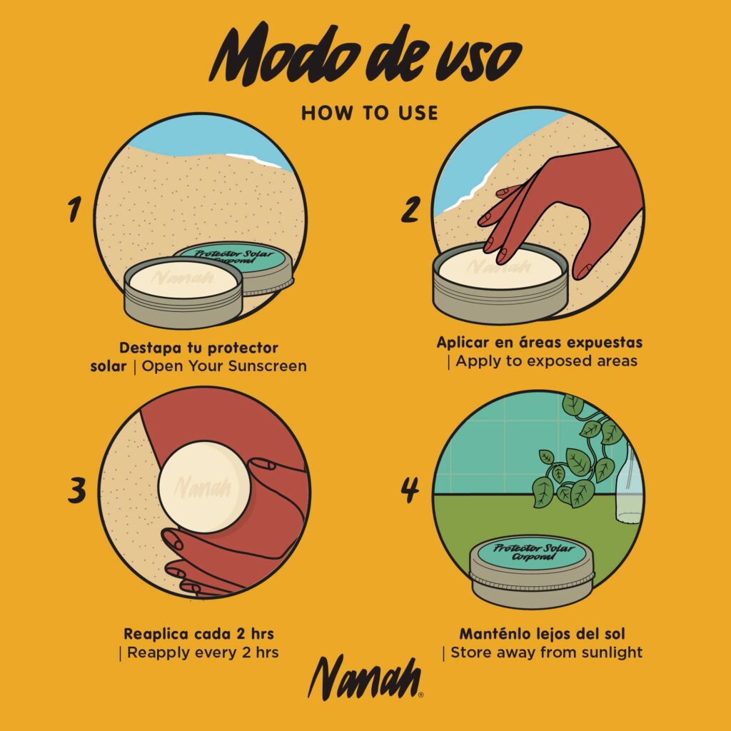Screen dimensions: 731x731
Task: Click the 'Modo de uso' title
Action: [x=365, y=56]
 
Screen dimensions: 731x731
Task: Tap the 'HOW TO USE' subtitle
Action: [x=370, y=114]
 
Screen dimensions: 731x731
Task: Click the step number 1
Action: [x=74, y=209]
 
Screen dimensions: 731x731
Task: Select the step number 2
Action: [x=410, y=209]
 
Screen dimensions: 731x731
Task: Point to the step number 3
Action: [x=77, y=490]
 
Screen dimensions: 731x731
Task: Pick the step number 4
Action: [x=410, y=490]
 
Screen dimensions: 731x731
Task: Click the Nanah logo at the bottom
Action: [x=365, y=677]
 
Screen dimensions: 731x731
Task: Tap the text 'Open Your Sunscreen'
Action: [x=224, y=366]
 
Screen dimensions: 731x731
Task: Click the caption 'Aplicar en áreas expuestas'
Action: [x=540, y=343]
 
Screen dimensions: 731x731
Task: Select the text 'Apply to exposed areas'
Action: [x=546, y=361]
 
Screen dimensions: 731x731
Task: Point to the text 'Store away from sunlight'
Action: [x=546, y=652]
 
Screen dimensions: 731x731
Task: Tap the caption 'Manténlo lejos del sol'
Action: [x=543, y=634]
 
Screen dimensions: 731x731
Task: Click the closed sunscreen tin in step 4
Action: [x=532, y=571]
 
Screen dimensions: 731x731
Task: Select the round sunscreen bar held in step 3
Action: [x=204, y=487]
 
